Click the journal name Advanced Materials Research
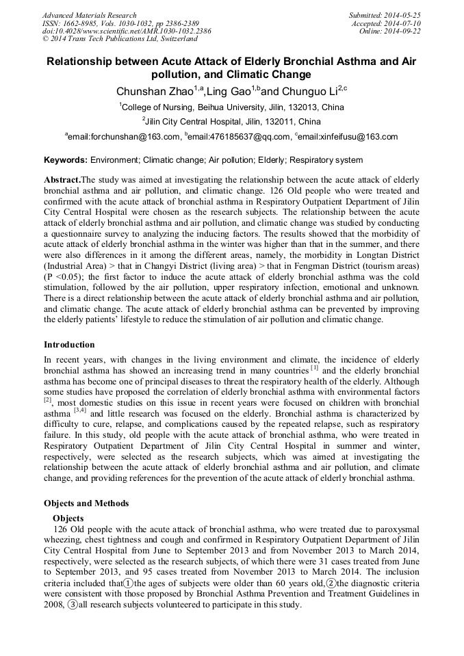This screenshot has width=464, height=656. click(x=89, y=15)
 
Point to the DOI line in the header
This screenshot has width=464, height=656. click(x=127, y=31)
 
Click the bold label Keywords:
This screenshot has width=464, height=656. click(x=66, y=160)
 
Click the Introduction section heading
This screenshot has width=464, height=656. click(x=69, y=344)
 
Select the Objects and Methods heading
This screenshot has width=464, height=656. click(x=86, y=503)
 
